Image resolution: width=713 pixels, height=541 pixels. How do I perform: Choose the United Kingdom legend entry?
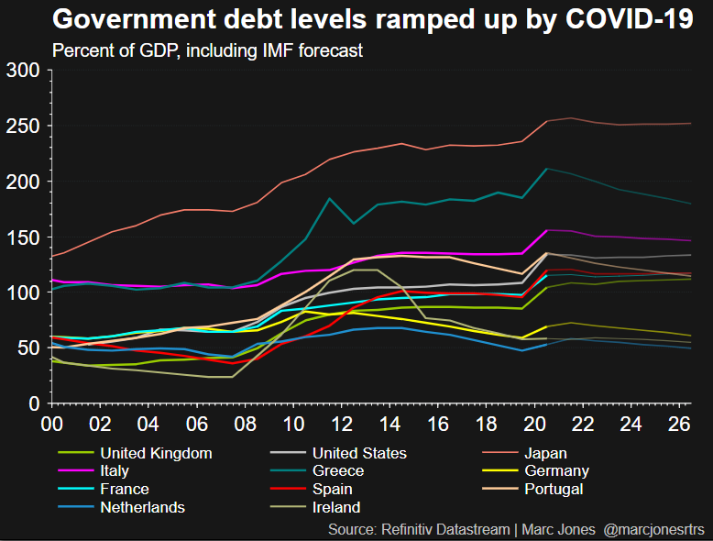point(156,453)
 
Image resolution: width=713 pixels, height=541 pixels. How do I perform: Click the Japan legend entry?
point(546,453)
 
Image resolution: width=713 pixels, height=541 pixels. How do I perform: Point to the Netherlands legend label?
point(142,507)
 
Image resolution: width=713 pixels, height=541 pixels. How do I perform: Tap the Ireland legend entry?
point(336,507)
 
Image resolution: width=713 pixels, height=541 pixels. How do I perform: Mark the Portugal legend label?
point(554,489)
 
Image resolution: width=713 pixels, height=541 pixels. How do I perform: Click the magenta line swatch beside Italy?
point(73,471)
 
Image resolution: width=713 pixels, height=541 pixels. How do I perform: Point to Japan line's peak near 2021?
point(571,118)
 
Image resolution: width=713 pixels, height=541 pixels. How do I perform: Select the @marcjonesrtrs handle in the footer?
point(655,529)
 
